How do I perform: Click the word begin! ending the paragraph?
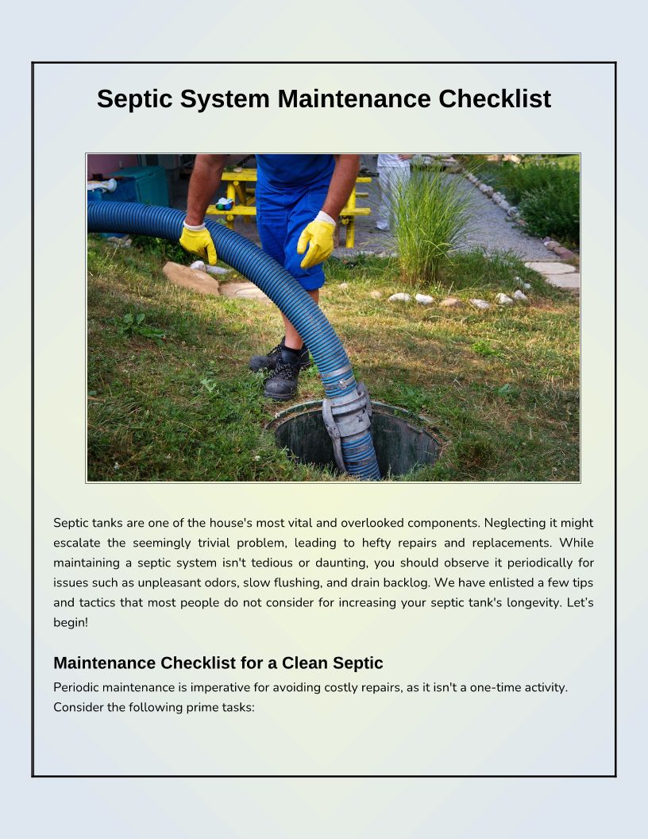click(x=71, y=622)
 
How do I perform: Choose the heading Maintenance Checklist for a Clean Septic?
click(x=218, y=663)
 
